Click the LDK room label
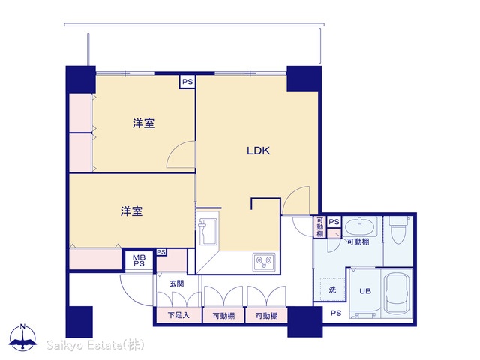coord(258,151)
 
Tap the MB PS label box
coord(139,260)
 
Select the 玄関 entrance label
coord(177,283)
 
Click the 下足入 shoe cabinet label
coord(178,315)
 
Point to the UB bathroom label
coord(365,291)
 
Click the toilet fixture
coord(399,229)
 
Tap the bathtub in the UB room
coord(397,293)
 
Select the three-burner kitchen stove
coord(264,262)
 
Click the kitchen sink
coord(207,232)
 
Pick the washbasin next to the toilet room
coord(360,226)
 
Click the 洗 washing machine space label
coord(332,289)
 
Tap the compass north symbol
coord(23,337)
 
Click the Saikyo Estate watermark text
coord(95,345)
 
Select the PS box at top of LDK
coord(187,82)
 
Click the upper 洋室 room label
coord(143,123)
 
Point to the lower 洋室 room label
coord(131,211)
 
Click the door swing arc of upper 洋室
coord(175,149)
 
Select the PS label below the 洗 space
coord(336,313)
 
